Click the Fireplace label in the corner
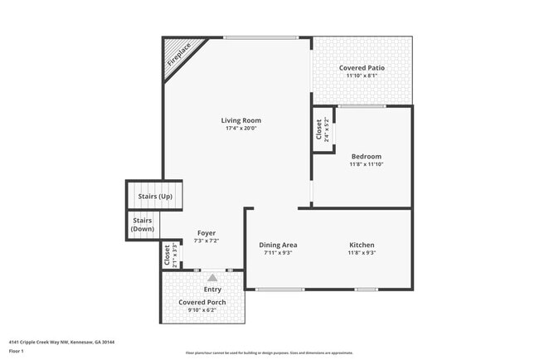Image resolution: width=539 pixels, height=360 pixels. tap(178, 54)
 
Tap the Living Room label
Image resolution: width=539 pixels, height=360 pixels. tap(242, 120)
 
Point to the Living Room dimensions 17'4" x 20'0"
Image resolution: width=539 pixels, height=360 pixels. tap(242, 129)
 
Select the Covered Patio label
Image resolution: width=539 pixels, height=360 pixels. tap(362, 67)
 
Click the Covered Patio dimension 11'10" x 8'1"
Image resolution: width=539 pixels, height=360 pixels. tap(362, 75)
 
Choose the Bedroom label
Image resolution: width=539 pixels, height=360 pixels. tap(366, 156)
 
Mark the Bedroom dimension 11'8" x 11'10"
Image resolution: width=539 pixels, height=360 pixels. tap(366, 164)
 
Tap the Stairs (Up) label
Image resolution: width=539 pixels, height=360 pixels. tap(154, 196)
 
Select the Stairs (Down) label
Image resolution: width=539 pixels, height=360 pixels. tap(143, 225)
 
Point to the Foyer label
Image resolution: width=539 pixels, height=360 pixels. tap(206, 233)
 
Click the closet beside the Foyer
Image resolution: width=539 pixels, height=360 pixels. tap(169, 254)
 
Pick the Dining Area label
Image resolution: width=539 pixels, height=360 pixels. tap(278, 245)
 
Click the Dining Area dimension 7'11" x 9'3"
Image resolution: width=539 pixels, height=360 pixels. tap(278, 253)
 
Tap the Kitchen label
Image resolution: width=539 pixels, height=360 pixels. tap(362, 245)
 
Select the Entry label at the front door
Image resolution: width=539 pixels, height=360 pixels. tap(212, 289)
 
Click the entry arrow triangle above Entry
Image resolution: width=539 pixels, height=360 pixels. tap(212, 278)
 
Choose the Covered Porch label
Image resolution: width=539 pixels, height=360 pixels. tap(202, 302)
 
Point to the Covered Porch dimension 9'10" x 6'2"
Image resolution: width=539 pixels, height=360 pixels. tap(202, 310)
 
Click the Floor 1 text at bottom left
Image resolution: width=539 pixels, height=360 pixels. tap(17, 352)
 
